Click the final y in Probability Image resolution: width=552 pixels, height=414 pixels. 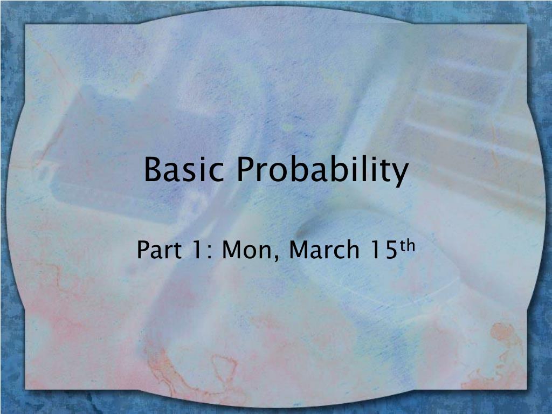pos(400,174)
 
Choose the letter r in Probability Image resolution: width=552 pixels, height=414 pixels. pos(263,172)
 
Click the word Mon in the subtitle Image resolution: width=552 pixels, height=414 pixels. pos(249,250)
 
